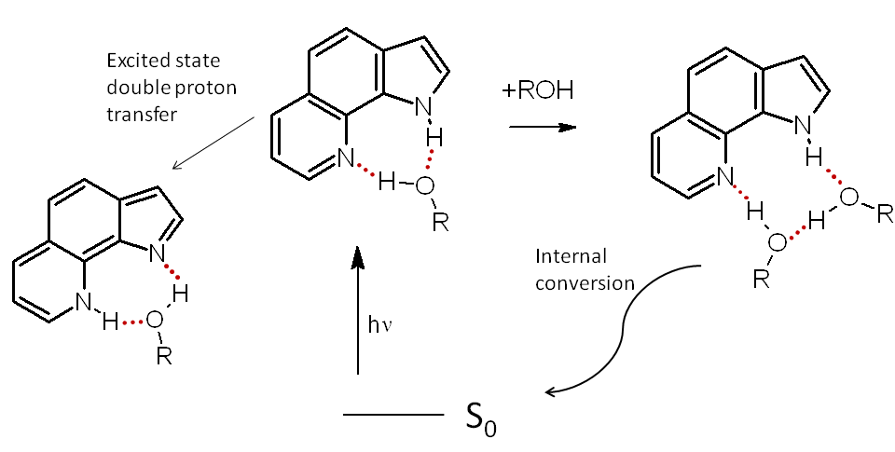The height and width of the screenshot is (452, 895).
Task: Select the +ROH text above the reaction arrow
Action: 539,91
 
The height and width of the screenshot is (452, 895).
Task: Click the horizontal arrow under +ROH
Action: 541,126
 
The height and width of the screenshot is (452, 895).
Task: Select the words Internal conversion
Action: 585,269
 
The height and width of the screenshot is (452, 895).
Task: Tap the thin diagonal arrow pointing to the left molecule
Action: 214,144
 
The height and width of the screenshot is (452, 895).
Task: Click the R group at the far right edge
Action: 882,213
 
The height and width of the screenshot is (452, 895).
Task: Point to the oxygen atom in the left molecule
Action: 154,321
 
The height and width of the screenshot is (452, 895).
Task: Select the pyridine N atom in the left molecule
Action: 85,301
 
